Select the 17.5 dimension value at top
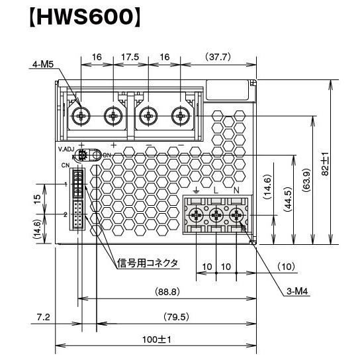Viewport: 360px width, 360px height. pos(131,58)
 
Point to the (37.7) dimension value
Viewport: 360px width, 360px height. pos(216,58)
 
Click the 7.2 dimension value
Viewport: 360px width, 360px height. pos(43,317)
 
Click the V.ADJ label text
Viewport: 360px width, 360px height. pos(66,150)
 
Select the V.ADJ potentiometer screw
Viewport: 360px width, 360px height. pos(83,156)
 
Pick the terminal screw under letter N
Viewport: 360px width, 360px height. pos(236,216)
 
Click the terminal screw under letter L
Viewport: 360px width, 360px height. pos(216,216)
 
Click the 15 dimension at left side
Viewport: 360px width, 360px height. pos(38,198)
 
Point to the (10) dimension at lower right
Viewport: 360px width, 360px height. pos(285,267)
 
